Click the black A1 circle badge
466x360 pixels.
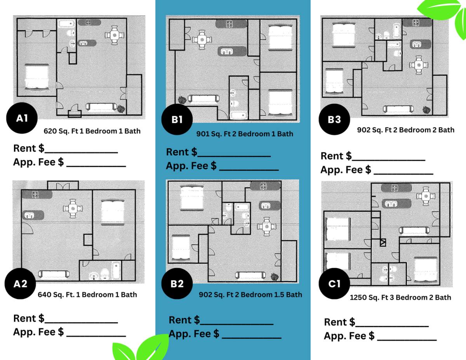pyautogui.click(x=22, y=118)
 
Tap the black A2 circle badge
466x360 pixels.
pyautogui.click(x=20, y=283)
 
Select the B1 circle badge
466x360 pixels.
pyautogui.click(x=177, y=120)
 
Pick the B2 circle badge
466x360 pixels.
pyautogui.click(x=177, y=283)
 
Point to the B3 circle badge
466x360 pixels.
pyautogui.click(x=334, y=120)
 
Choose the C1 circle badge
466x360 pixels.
pyautogui.click(x=334, y=283)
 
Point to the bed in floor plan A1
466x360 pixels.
pyautogui.click(x=37, y=77)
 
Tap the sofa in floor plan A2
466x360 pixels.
pyautogui.click(x=54, y=275)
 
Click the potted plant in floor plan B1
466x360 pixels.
pyautogui.click(x=182, y=100)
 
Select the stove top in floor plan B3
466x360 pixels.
pyautogui.click(x=416, y=22)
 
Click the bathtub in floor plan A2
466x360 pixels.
pyautogui.click(x=116, y=271)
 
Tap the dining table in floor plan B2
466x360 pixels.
pyautogui.click(x=267, y=227)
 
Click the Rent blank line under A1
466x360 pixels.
pyautogui.click(x=81, y=153)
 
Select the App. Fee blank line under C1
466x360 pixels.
pyautogui.click(x=407, y=340)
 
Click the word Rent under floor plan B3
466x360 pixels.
pyautogui.click(x=333, y=156)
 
